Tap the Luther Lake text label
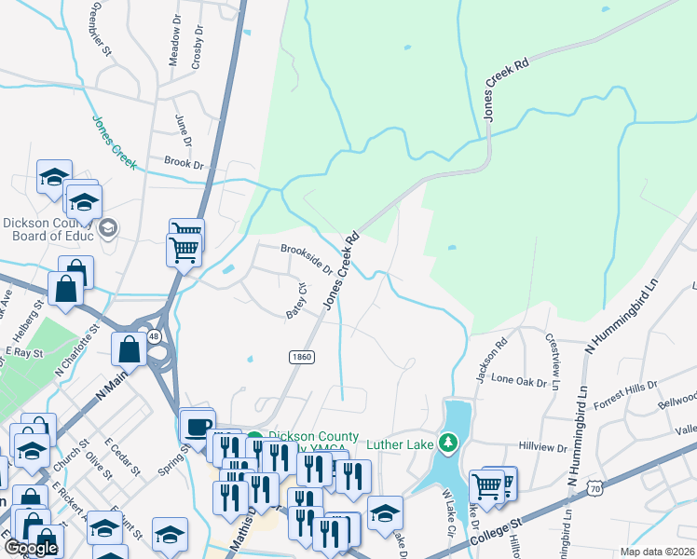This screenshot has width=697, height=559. pyautogui.click(x=400, y=444)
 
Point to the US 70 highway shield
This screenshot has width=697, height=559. pyautogui.click(x=595, y=486)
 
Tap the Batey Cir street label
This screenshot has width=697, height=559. pyautogui.click(x=296, y=301)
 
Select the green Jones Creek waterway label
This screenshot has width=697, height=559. pyautogui.click(x=114, y=143)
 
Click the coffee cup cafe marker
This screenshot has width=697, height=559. pyautogui.click(x=196, y=425)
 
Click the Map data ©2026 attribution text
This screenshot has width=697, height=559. pyautogui.click(x=657, y=552)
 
